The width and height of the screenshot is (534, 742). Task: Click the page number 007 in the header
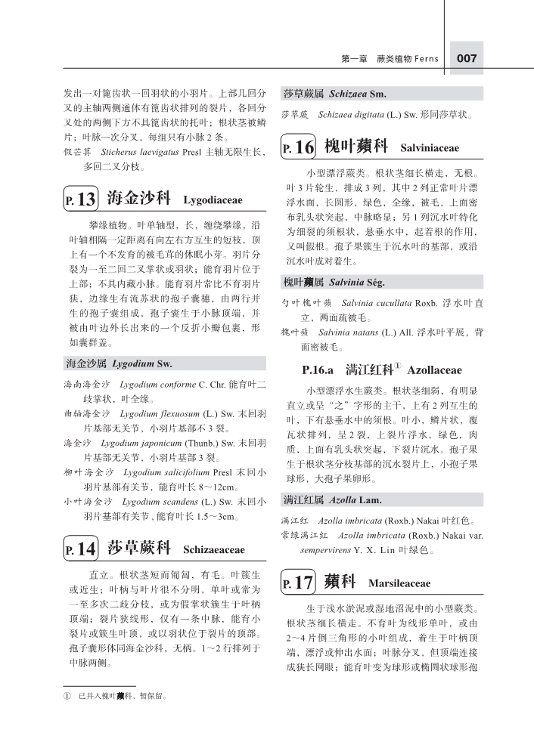(x=466, y=58)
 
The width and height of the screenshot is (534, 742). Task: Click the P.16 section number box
(x=298, y=147)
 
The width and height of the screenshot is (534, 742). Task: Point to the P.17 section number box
(x=298, y=583)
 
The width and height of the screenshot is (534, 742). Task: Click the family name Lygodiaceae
(x=213, y=201)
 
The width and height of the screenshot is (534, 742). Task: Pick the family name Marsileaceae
(x=399, y=584)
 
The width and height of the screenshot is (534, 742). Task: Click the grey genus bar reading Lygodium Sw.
(x=164, y=364)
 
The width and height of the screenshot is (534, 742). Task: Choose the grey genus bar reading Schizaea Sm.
(x=382, y=94)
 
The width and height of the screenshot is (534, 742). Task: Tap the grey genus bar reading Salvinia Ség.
(x=382, y=283)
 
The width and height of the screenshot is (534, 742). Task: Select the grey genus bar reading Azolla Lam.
(x=382, y=500)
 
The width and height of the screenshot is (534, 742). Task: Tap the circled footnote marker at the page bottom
(x=67, y=696)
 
